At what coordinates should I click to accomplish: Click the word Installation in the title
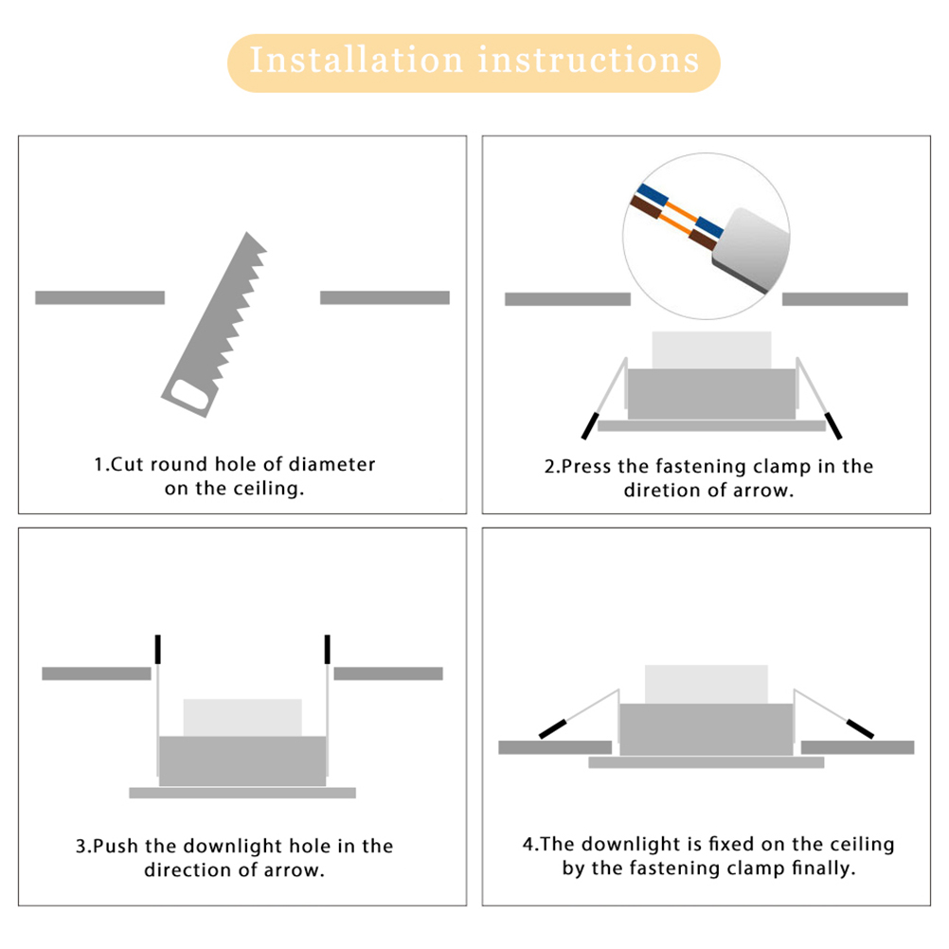click(x=356, y=60)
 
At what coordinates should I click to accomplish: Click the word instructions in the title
click(x=589, y=60)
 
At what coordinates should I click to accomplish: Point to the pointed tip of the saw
click(x=246, y=233)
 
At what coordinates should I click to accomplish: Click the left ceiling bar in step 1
click(x=99, y=297)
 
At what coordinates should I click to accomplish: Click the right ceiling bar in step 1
click(x=385, y=297)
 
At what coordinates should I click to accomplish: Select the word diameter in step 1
click(x=331, y=464)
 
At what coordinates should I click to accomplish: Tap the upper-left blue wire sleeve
click(x=652, y=194)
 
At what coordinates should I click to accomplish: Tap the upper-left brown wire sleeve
click(x=645, y=207)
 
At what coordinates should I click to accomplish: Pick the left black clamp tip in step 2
click(x=590, y=425)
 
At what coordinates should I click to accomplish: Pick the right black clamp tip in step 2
click(x=833, y=425)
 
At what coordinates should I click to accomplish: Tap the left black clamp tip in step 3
click(x=158, y=649)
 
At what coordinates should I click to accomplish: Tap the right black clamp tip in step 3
click(x=328, y=649)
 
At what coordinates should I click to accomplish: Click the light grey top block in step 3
click(x=242, y=718)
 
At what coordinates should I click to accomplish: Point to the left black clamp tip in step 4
click(x=552, y=728)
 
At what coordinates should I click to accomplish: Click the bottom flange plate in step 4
click(x=707, y=762)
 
